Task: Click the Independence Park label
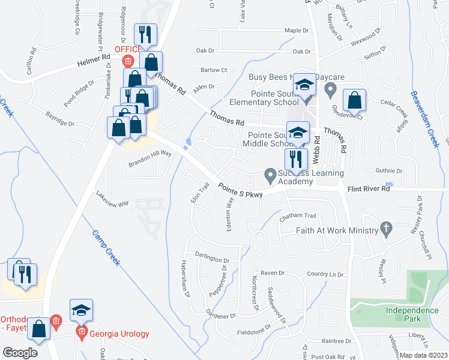[x=412, y=314]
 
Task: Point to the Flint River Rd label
[x=369, y=189]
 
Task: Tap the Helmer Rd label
[x=94, y=60]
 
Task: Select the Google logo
[x=20, y=353]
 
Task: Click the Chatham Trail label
[x=297, y=216]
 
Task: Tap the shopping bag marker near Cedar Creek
[x=354, y=102]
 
